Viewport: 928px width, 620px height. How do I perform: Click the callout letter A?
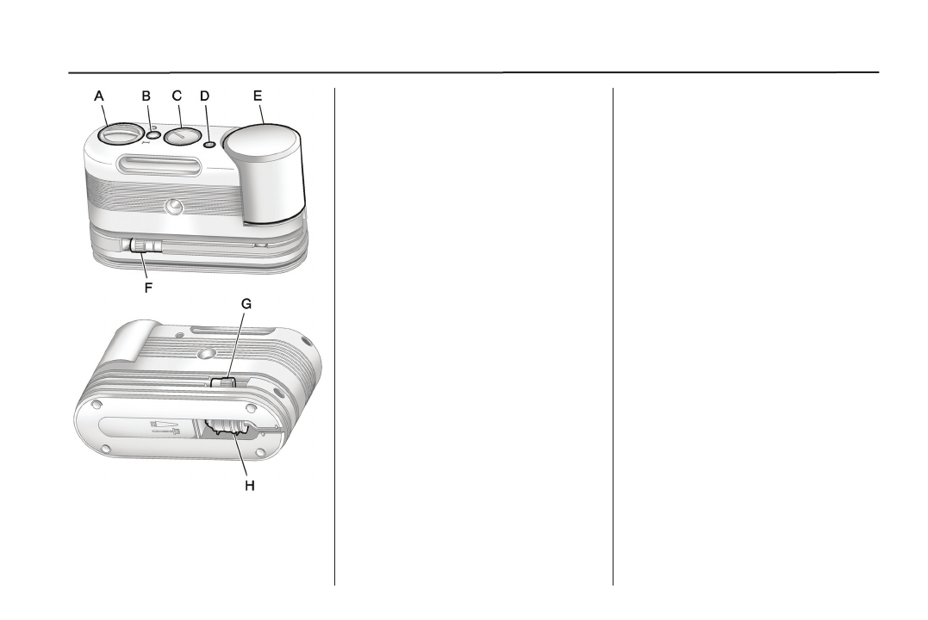pos(99,96)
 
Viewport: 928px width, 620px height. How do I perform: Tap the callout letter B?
pos(146,96)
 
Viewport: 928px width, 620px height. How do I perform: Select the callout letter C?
pos(177,96)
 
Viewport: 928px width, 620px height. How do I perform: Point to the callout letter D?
pos(205,96)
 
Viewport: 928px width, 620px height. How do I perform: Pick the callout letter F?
pos(148,288)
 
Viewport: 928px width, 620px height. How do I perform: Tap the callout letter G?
pos(246,304)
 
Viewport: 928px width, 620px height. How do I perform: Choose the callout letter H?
pos(249,487)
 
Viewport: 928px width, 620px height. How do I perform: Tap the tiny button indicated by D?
pos(209,144)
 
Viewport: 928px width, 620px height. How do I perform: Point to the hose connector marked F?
pos(139,247)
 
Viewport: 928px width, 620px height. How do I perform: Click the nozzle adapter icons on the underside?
pos(165,428)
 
